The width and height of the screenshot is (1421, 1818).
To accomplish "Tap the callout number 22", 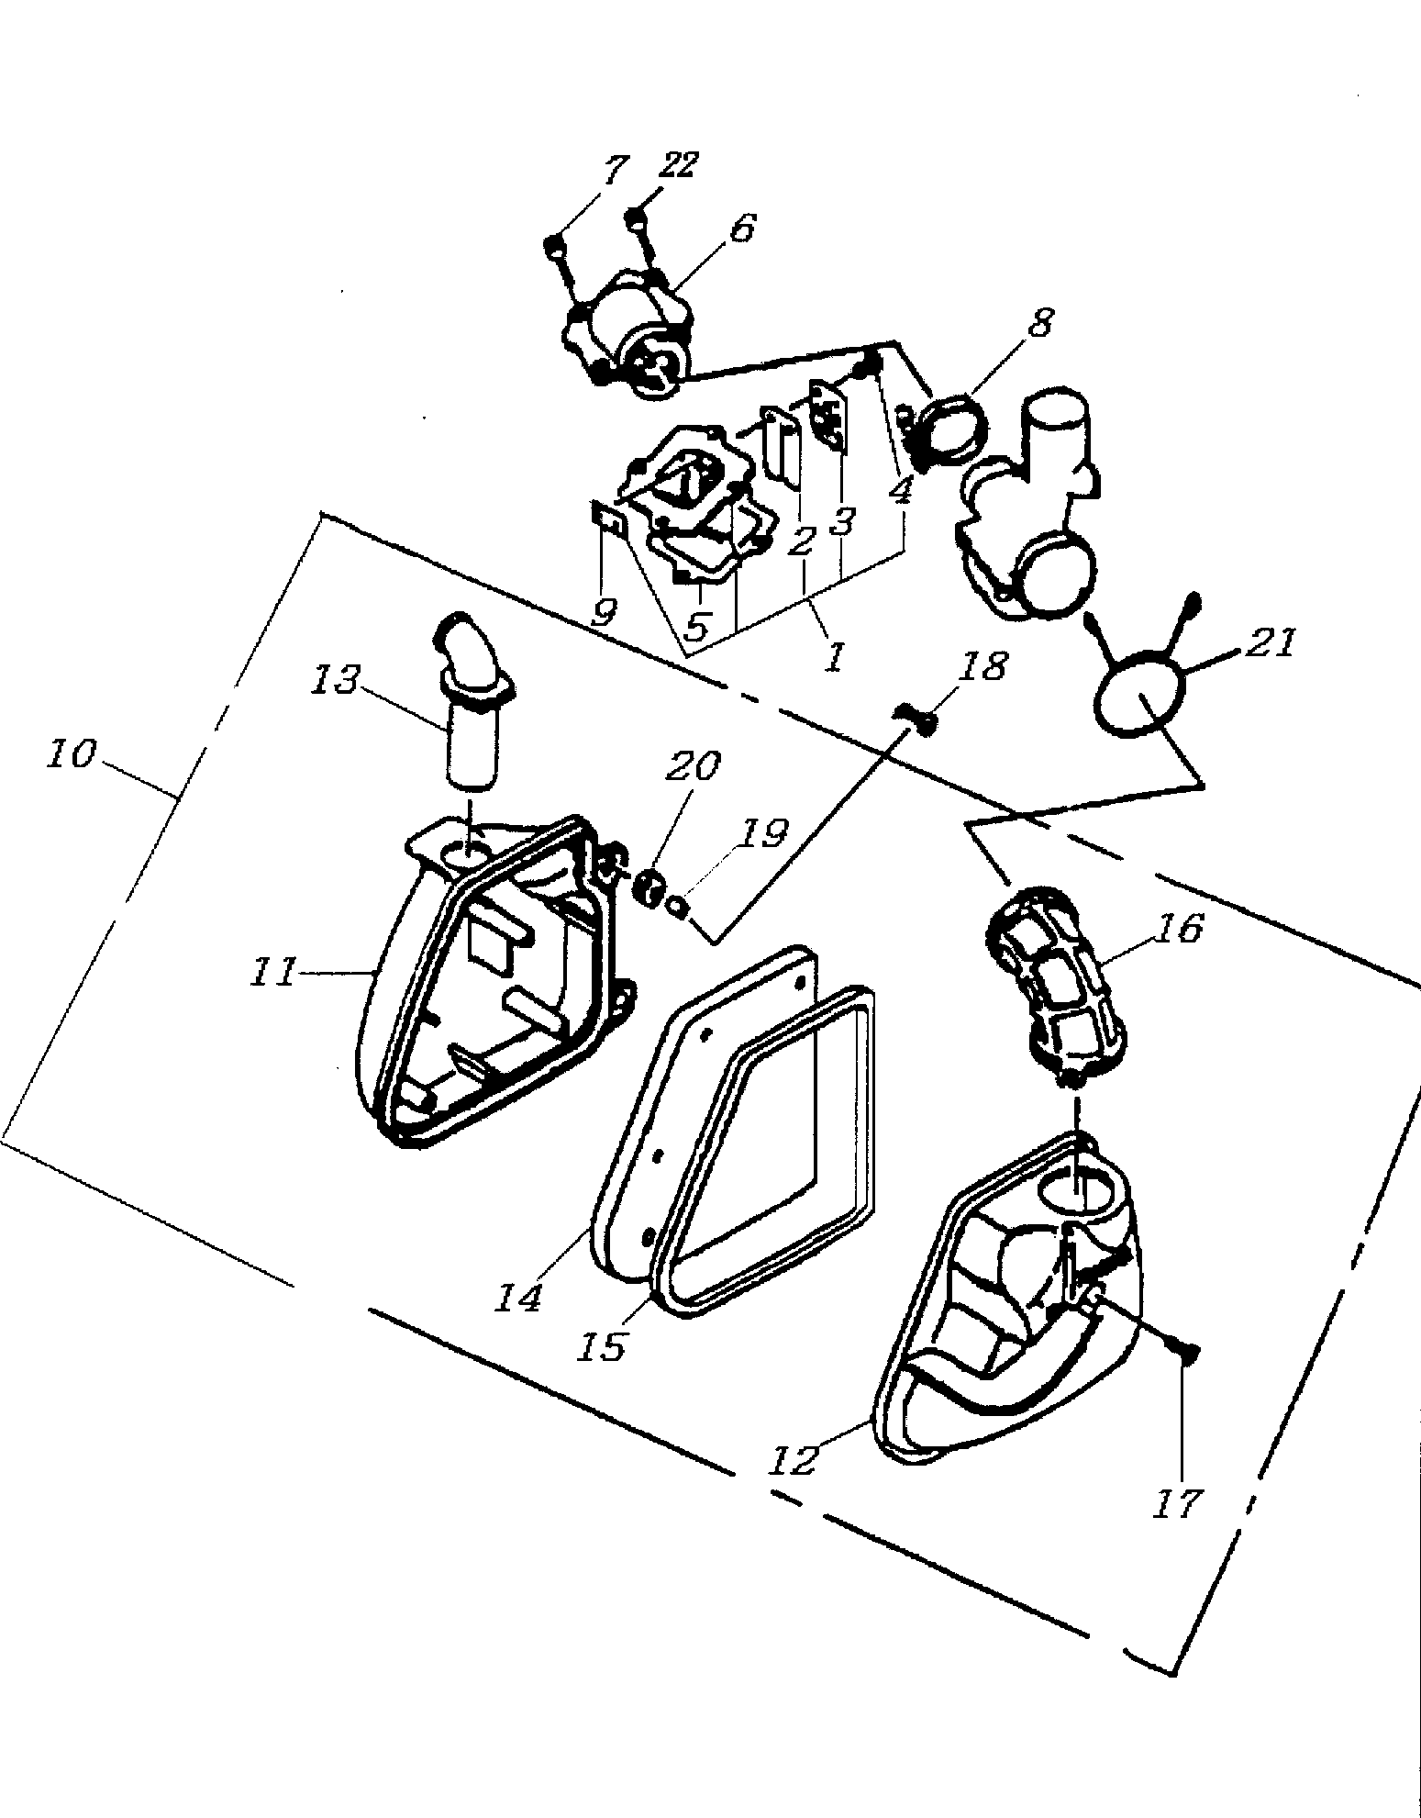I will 678,165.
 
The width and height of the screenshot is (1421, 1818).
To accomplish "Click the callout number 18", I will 985,666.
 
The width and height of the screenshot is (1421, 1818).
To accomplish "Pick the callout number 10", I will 70,754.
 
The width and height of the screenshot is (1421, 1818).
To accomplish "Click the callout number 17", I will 1177,1502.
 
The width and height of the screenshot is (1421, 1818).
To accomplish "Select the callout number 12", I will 794,1460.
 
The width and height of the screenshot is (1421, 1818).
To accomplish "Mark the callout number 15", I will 603,1344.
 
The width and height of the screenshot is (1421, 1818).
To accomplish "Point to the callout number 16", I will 1179,930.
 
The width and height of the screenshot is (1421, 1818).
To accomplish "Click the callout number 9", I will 604,611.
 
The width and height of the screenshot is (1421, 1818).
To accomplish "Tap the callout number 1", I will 833,657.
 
